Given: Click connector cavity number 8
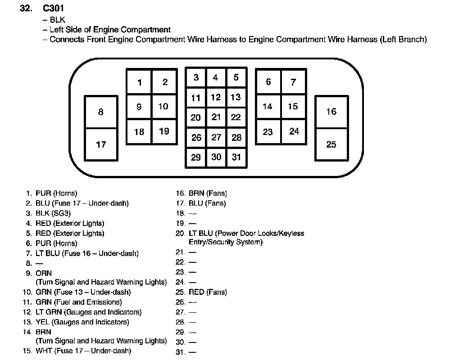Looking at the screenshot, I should pyautogui.click(x=101, y=112).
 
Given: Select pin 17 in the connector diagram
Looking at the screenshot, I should pyautogui.click(x=101, y=144).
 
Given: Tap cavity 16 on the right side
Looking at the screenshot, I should pyautogui.click(x=331, y=112).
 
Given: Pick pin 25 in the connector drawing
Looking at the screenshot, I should pyautogui.click(x=331, y=144).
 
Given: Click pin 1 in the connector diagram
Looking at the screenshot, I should pyautogui.click(x=140, y=82).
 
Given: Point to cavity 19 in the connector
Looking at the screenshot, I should pyautogui.click(x=164, y=131).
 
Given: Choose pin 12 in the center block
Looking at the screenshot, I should pyautogui.click(x=216, y=97).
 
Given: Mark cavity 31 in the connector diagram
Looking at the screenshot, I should pyautogui.click(x=236, y=157).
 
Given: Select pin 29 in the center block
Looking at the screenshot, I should pyautogui.click(x=196, y=157).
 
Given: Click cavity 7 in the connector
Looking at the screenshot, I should pyautogui.click(x=293, y=82).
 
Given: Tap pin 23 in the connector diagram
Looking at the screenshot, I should pyautogui.click(x=268, y=132).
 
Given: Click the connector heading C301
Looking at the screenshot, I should pyautogui.click(x=55, y=9).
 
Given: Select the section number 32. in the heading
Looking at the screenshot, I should pyautogui.click(x=27, y=9).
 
